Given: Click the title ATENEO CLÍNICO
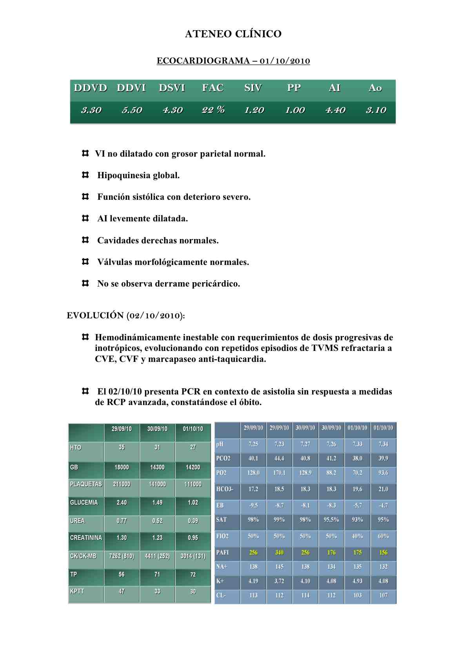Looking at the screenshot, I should [x=233, y=34].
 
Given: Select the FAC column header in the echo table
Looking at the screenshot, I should [x=213, y=88].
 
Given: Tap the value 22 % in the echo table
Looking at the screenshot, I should [x=213, y=110].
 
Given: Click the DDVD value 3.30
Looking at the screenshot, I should [x=91, y=110].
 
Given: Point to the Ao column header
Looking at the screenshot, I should [x=375, y=88].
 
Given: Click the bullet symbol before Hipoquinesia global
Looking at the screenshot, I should [x=85, y=175].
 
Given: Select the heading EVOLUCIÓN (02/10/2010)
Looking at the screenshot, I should [x=125, y=316].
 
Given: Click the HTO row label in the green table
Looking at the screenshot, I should [x=76, y=447].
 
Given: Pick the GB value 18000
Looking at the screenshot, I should [x=122, y=467].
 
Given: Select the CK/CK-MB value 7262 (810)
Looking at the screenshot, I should [x=122, y=556].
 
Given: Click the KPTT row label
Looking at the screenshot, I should [x=77, y=592].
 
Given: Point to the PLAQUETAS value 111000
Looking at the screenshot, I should [x=193, y=484].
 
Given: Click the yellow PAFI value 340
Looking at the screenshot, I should [x=279, y=553].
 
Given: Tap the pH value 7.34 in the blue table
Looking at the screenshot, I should [x=383, y=444].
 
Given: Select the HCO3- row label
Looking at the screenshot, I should [x=225, y=489].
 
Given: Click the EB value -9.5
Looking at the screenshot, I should [x=253, y=506].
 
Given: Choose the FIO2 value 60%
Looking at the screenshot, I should [x=383, y=536].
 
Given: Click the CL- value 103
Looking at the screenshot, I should [x=357, y=595].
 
